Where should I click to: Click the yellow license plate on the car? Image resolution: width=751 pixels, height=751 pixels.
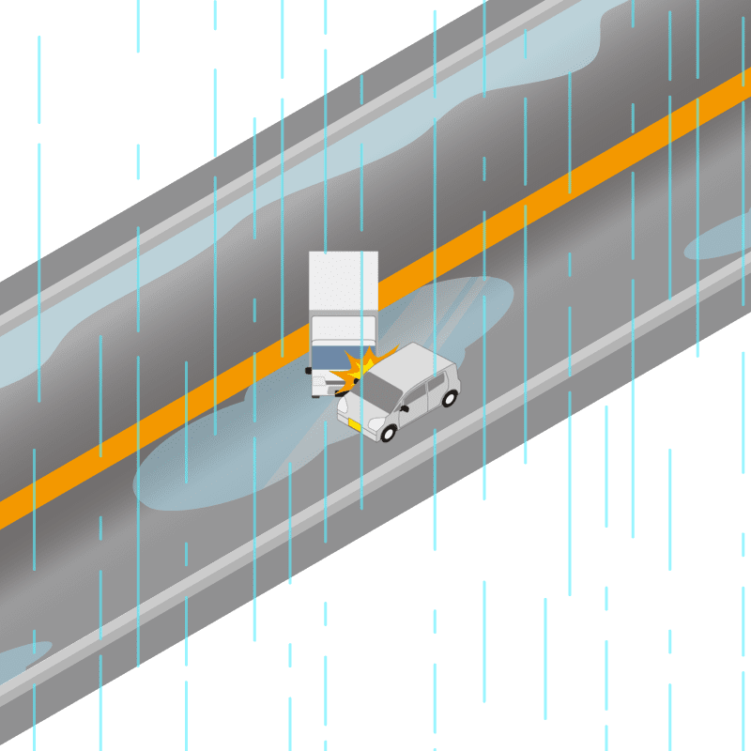click(x=355, y=425)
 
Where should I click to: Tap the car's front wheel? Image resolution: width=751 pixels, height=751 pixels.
click(x=388, y=433)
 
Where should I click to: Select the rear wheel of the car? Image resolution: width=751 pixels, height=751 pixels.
click(x=450, y=398)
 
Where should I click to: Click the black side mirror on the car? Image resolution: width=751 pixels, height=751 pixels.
click(x=406, y=409)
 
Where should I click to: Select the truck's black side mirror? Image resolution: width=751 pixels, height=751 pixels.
click(x=308, y=371)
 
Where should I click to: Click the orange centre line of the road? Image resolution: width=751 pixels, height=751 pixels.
click(x=563, y=188)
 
